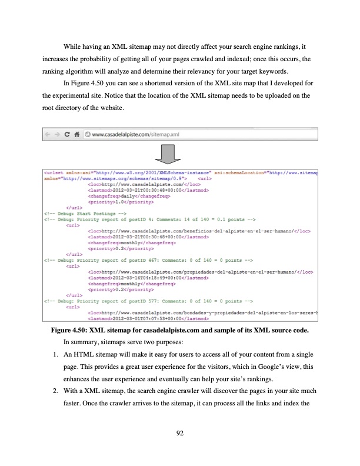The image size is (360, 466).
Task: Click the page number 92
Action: [180, 434]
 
